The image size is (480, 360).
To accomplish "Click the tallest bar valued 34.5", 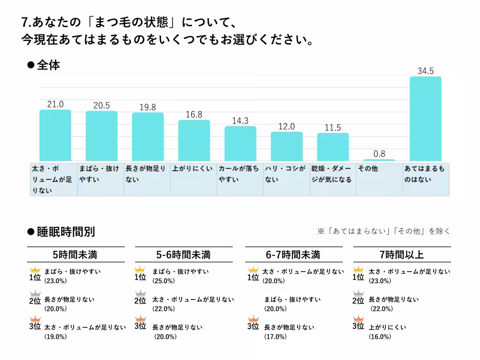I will (426, 119).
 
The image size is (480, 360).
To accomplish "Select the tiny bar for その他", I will (379, 160).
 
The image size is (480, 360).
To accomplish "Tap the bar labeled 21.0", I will (55, 135).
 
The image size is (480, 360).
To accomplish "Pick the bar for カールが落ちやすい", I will (240, 144).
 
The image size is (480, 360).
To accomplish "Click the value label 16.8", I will (194, 114).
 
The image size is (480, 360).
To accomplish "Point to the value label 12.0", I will (286, 126).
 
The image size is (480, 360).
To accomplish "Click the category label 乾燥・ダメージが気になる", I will (332, 174).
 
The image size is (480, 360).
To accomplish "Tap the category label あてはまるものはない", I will (424, 174).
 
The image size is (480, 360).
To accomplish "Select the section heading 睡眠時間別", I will (66, 232).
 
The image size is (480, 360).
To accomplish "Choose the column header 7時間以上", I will (402, 254).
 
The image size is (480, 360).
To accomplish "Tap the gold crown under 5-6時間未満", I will (140, 269).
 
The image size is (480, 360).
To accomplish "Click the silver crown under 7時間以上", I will (358, 293).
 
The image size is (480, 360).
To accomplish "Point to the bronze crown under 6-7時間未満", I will (253, 318).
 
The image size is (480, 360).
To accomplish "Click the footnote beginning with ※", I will (384, 231).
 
